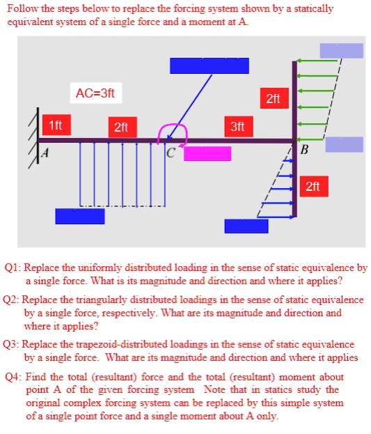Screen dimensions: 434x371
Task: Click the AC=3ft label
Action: [95, 92]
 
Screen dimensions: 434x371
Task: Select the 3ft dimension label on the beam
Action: [237, 127]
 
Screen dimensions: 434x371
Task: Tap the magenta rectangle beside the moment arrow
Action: [207, 153]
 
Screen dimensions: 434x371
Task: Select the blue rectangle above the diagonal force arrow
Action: [199, 65]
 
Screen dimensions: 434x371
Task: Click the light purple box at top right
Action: [341, 50]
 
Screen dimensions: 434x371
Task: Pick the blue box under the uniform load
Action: [80, 216]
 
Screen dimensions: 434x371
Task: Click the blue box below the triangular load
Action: [246, 226]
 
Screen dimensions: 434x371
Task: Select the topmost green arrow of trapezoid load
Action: [319, 61]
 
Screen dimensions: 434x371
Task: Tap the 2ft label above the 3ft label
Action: [273, 99]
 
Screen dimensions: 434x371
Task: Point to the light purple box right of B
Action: [344, 144]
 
